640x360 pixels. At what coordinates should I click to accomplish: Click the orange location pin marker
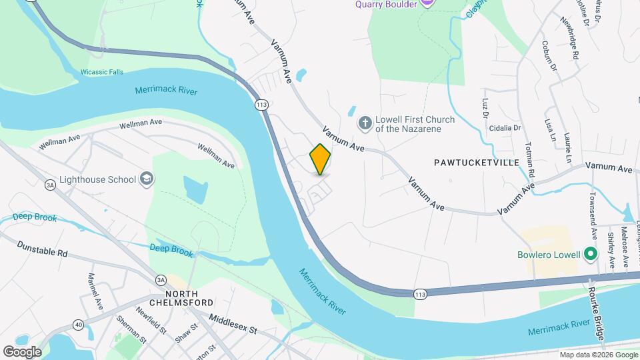(x=320, y=159)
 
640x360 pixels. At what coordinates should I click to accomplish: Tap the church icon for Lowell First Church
(x=365, y=123)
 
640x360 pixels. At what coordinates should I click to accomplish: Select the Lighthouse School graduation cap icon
(x=147, y=179)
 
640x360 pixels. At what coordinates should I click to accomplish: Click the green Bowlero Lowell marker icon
(x=589, y=254)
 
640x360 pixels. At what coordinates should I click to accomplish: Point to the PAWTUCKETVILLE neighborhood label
(x=471, y=162)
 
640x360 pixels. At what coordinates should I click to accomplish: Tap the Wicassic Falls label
(x=101, y=72)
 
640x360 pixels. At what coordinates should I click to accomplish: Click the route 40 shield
(x=79, y=324)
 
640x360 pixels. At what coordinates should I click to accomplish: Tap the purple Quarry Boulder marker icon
(x=427, y=3)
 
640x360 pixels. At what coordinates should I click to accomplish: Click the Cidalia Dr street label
(x=504, y=127)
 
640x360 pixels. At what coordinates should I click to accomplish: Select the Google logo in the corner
(x=22, y=351)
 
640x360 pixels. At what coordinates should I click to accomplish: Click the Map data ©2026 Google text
(x=598, y=355)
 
